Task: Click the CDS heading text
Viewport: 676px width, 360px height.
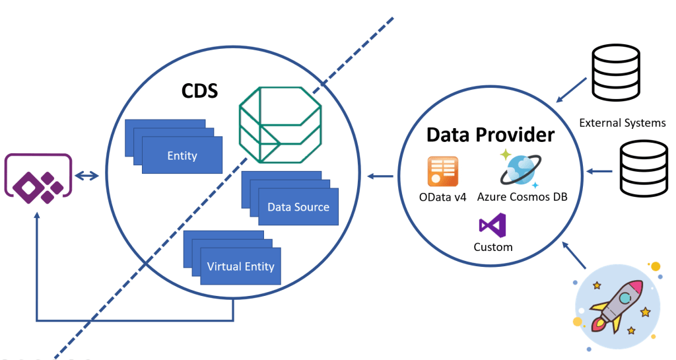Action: coord(199,91)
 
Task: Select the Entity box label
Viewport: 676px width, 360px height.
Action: coord(182,155)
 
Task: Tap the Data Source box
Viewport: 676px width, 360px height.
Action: coord(298,207)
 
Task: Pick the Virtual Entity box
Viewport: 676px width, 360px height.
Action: coord(240,266)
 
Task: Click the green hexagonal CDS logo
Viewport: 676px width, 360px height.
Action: coord(279,124)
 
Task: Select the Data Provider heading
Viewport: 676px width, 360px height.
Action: coord(490,134)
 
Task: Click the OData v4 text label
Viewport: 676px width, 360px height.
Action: coord(443,196)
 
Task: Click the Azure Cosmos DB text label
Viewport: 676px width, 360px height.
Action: coord(522,196)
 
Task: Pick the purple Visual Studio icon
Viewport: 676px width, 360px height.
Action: coord(492,226)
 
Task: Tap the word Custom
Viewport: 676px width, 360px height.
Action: coord(492,247)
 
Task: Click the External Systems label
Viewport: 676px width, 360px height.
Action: coord(622,123)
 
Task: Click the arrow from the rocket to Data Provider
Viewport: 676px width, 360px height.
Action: coord(574,256)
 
